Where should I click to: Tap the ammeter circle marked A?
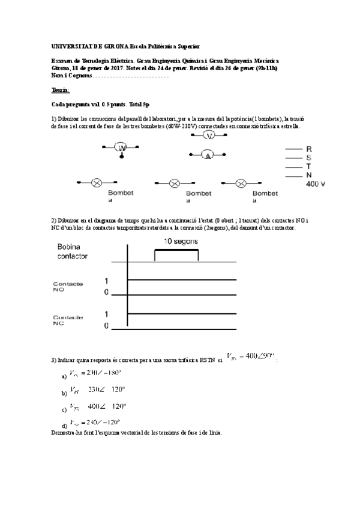pos(208,155)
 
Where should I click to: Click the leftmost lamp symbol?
pos(95,182)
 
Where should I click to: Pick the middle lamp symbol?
pos(175,183)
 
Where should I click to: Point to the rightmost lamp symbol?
pos(241,183)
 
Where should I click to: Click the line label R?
pos(309,148)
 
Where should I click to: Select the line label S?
pos(309,157)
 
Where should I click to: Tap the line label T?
pos(309,166)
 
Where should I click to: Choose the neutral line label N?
pos(309,175)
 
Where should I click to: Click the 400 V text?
pos(316,184)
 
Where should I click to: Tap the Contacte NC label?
pos(68,321)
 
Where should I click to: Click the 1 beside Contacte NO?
pos(107,281)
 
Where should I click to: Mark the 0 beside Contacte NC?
pos(107,326)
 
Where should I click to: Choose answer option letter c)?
pos(64,411)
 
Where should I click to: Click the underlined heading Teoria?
pos(61,90)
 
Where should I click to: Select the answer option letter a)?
pos(64,377)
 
